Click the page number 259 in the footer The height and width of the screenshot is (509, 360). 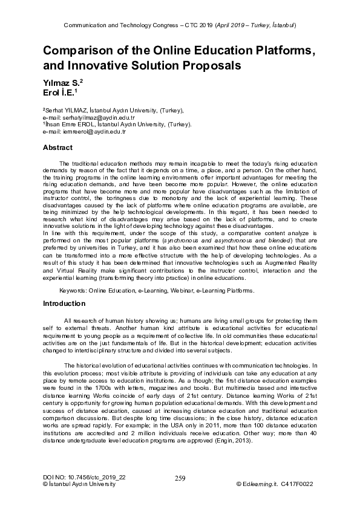[x=180, y=479]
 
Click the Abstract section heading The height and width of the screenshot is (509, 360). [x=57, y=148]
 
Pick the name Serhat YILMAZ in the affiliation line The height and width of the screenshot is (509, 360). [x=67, y=110]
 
